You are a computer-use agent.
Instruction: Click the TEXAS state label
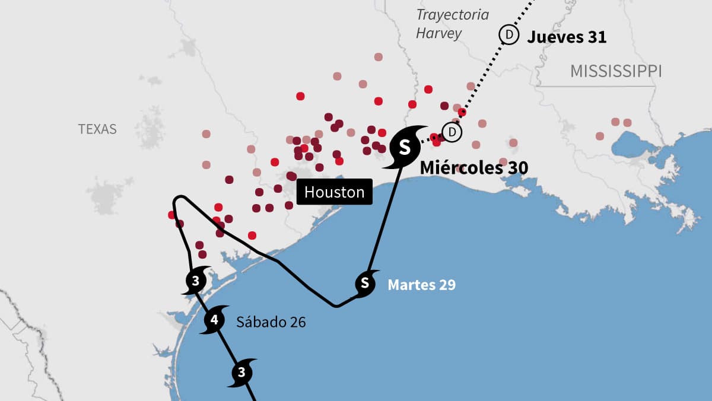[x=97, y=129]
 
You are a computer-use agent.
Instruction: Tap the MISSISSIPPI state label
[x=615, y=72]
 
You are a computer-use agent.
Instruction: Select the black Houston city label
[x=335, y=192]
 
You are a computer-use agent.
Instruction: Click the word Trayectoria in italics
[x=452, y=15]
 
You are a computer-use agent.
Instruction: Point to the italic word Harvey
[x=438, y=33]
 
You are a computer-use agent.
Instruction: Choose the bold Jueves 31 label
[x=567, y=37]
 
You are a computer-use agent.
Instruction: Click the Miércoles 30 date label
[x=473, y=168]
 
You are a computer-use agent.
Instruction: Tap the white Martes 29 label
[x=421, y=285]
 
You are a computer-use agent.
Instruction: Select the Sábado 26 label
[x=271, y=322]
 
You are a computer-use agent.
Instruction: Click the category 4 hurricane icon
[x=214, y=321]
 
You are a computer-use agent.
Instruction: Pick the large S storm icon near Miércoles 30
[x=404, y=147]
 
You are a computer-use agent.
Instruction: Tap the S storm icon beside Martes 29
[x=365, y=282]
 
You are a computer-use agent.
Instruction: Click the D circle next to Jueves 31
[x=508, y=34]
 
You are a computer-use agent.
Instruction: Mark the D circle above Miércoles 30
[x=452, y=132]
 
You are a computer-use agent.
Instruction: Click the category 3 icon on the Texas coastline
[x=195, y=281]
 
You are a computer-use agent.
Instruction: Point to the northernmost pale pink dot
[x=379, y=57]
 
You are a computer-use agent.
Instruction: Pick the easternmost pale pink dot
[x=627, y=123]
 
